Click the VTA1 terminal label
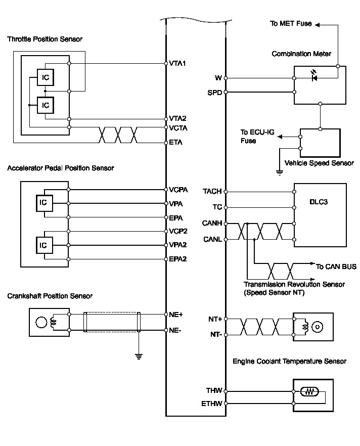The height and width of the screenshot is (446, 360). [x=177, y=63]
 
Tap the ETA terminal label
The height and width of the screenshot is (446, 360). [x=175, y=142]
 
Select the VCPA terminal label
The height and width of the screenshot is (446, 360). [x=178, y=190]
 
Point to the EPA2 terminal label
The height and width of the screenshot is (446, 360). [x=178, y=259]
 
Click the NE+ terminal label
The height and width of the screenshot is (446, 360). [x=176, y=315]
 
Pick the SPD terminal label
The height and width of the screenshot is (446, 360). [x=215, y=93]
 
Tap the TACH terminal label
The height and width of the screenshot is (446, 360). [x=212, y=192]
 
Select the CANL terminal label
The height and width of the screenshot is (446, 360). [x=212, y=240]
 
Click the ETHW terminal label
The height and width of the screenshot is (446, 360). [x=211, y=404]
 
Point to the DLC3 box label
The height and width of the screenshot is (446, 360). [x=319, y=202]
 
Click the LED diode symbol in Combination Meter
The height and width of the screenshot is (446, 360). [x=314, y=76]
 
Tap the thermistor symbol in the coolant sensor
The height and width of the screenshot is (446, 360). [x=309, y=392]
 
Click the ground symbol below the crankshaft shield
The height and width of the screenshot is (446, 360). [x=139, y=356]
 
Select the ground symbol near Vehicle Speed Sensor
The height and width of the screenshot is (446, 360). [x=280, y=172]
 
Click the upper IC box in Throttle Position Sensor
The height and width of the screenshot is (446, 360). [x=46, y=77]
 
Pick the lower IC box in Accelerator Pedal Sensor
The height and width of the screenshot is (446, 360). [x=44, y=245]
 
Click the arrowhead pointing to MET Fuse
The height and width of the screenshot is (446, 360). [x=318, y=25]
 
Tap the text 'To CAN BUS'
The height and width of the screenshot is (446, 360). [x=336, y=266]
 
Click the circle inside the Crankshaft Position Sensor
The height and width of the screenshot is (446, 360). [x=41, y=322]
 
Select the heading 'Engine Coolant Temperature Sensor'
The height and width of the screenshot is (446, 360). [x=290, y=361]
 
